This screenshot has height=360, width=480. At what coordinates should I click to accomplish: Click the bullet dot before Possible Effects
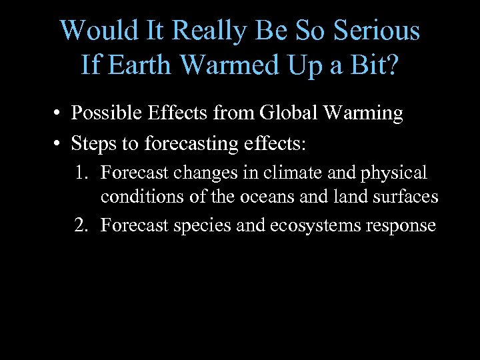59,114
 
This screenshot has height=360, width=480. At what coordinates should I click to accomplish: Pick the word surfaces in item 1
409,197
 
